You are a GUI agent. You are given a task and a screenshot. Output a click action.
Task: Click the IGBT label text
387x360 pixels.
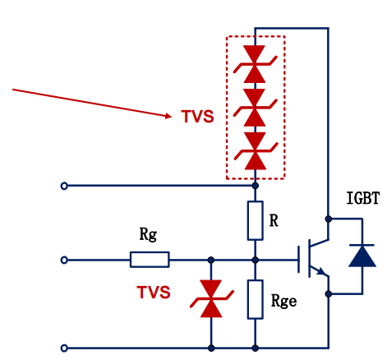[363, 198]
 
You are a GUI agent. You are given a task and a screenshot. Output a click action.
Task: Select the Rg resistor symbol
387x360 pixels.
[150, 260]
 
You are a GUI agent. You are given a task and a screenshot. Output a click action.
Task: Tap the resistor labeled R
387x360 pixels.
[256, 221]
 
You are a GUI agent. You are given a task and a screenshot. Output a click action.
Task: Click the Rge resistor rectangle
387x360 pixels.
[256, 299]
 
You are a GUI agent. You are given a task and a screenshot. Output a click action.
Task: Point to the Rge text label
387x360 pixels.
[283, 302]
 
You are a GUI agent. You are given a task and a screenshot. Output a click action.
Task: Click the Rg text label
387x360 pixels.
[148, 234]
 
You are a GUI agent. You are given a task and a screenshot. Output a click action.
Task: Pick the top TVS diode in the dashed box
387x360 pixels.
[255, 64]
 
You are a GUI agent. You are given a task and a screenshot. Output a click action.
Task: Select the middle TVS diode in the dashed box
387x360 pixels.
[255, 108]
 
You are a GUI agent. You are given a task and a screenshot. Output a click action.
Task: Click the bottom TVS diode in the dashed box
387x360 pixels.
[256, 151]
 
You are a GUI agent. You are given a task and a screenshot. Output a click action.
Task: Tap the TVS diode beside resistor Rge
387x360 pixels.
[211, 298]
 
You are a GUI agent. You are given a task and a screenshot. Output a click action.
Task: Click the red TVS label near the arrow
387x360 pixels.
[197, 117]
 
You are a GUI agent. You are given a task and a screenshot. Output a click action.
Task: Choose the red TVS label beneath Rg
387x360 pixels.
[154, 292]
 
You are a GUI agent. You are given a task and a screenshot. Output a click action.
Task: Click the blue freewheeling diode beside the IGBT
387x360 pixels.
[362, 256]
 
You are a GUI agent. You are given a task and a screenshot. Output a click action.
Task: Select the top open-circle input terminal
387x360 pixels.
[64, 186]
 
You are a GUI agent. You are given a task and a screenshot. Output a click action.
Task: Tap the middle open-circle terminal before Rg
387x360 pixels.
[64, 260]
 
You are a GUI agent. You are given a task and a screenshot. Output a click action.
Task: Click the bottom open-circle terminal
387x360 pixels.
[64, 348]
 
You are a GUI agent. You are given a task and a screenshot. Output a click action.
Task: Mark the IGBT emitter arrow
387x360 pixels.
[321, 271]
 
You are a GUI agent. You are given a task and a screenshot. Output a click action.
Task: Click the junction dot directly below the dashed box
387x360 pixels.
[256, 186]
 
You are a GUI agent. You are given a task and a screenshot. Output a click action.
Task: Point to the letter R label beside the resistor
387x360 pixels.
[274, 220]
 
